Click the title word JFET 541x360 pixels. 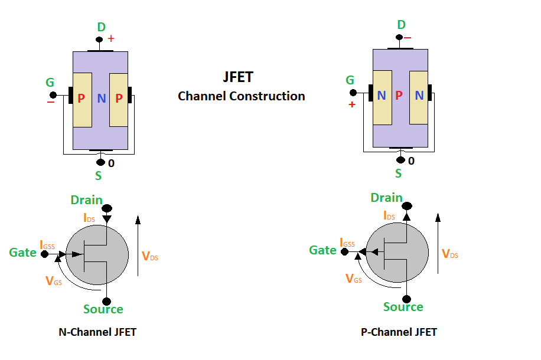(239, 77)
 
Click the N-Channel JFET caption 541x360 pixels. (97, 332)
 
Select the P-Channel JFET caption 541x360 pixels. (399, 332)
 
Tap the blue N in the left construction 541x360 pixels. (101, 99)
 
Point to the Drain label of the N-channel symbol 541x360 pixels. (86, 201)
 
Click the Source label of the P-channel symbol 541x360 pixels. (403, 307)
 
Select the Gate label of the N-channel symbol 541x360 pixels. (22, 253)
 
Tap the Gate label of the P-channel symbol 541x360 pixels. (322, 250)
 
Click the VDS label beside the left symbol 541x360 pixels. (150, 256)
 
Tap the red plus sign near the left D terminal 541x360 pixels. (111, 38)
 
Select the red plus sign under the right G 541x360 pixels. (352, 104)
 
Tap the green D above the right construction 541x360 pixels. (401, 25)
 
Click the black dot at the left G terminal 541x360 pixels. (53, 95)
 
